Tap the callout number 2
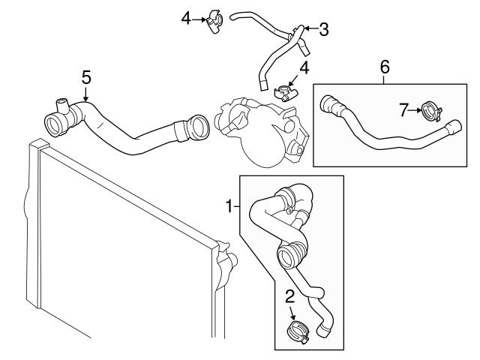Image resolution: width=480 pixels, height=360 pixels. coord(289,296)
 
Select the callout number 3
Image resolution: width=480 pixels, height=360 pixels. coord(323,29)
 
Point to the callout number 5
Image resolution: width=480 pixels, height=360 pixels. coord(86,76)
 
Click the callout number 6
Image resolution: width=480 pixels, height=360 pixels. coord(385,67)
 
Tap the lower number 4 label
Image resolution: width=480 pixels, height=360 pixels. coord(304,68)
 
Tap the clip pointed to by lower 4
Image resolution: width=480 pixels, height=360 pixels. coord(285,93)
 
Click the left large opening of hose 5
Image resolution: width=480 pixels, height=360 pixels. coord(55,123)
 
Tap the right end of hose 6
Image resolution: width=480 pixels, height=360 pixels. coord(454,129)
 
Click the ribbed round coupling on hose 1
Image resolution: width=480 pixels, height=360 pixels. coord(289,256)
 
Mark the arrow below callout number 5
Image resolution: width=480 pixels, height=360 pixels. coord(86,94)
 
